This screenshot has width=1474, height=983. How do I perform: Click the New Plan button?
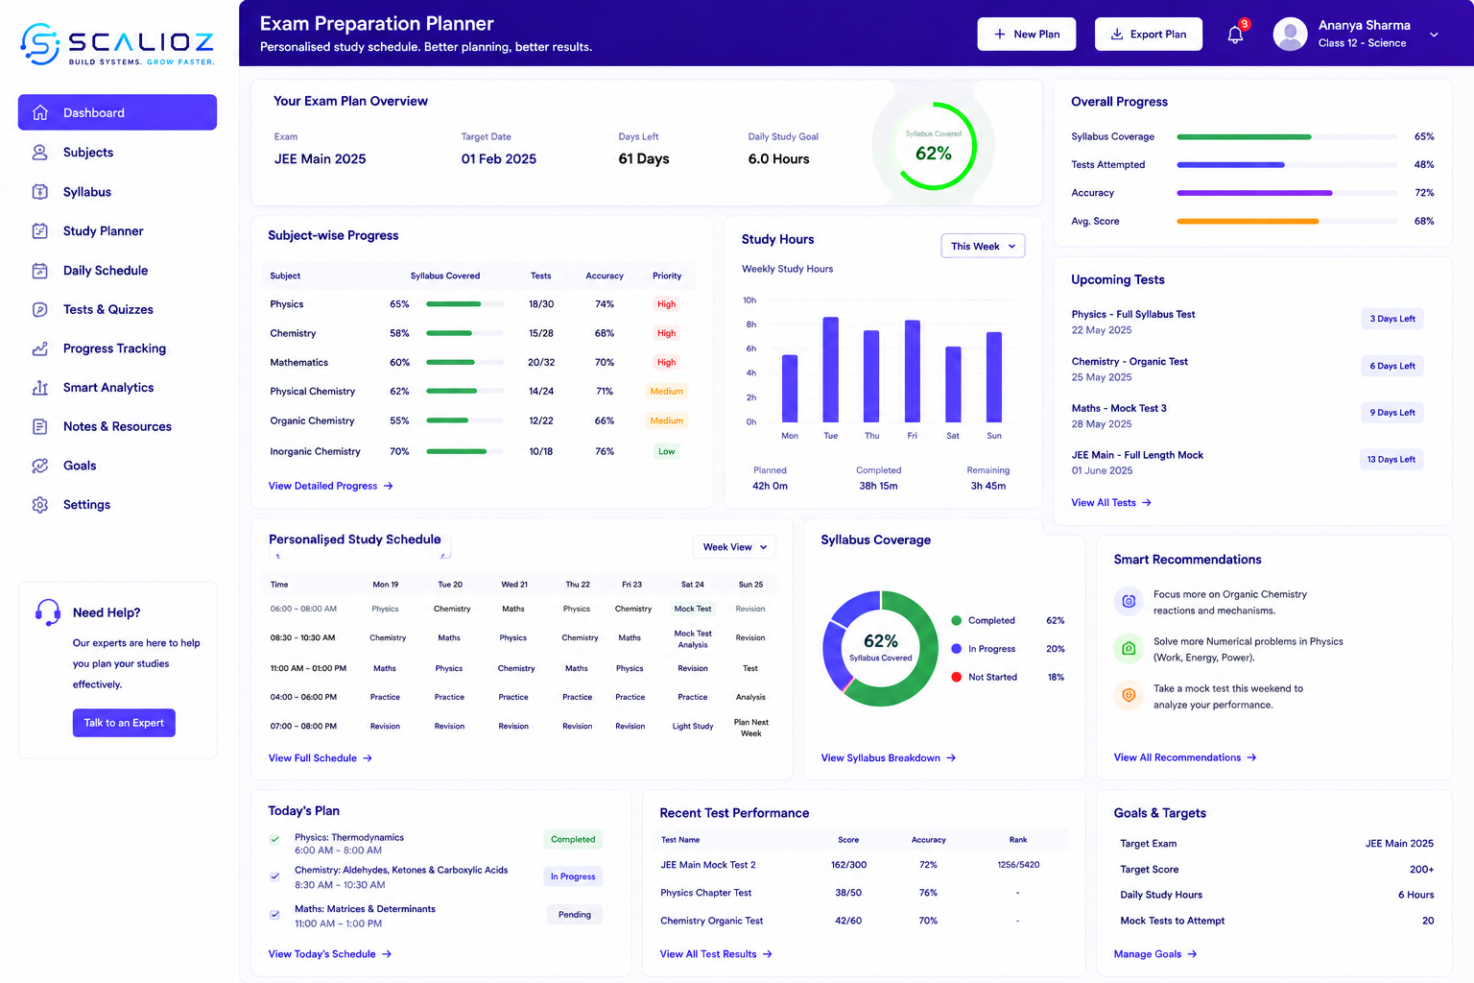pyautogui.click(x=1026, y=34)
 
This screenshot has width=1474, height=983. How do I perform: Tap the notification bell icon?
pyautogui.click(x=1235, y=35)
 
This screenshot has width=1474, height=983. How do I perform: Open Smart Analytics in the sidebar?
pyautogui.click(x=107, y=387)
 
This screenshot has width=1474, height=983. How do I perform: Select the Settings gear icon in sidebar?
pyautogui.click(x=40, y=504)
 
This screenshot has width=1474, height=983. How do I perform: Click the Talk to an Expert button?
pyautogui.click(x=124, y=722)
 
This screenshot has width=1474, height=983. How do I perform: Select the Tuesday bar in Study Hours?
pyautogui.click(x=830, y=370)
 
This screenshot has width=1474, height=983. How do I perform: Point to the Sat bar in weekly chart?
pyautogui.click(x=953, y=384)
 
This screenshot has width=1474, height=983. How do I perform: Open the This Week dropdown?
pyautogui.click(x=983, y=246)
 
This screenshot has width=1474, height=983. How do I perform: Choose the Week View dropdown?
pyautogui.click(x=734, y=546)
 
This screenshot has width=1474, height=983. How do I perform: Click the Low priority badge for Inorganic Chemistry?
pyautogui.click(x=666, y=451)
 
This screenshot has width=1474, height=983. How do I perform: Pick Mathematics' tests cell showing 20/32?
pyautogui.click(x=541, y=362)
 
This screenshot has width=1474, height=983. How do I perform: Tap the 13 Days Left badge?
pyautogui.click(x=1391, y=459)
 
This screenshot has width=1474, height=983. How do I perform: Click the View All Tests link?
pyautogui.click(x=1110, y=502)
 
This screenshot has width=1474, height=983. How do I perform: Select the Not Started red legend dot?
pyautogui.click(x=956, y=677)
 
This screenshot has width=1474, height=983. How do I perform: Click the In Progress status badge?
pyautogui.click(x=573, y=876)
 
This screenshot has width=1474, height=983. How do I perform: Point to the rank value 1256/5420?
pyautogui.click(x=1018, y=865)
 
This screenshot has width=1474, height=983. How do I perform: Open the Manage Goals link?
pyautogui.click(x=1154, y=953)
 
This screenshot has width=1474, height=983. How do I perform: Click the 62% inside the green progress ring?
pyautogui.click(x=933, y=154)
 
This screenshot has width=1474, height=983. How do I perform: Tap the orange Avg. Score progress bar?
pyautogui.click(x=1248, y=221)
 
